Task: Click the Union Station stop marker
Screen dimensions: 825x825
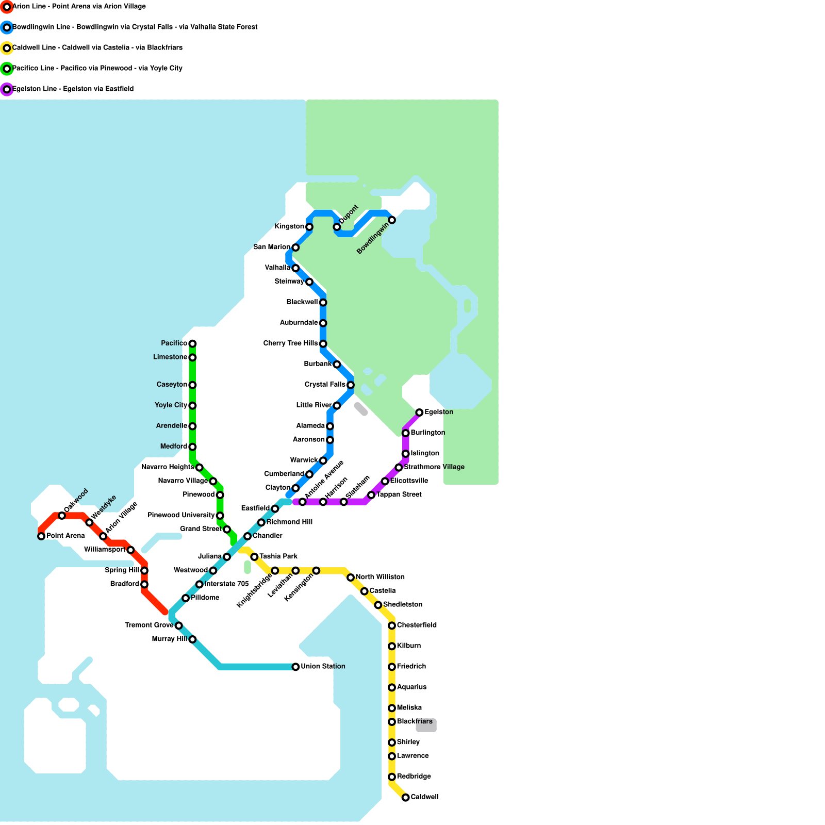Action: click(x=295, y=667)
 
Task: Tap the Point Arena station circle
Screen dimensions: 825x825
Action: click(x=41, y=536)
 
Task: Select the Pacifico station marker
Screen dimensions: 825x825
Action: click(x=192, y=343)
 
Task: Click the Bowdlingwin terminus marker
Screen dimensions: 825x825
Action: click(x=392, y=220)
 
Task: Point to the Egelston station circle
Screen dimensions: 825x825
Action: click(x=419, y=412)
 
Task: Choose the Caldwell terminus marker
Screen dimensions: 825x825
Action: click(x=406, y=798)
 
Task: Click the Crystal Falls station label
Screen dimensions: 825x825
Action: click(x=325, y=385)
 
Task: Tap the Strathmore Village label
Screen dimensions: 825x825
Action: click(x=434, y=467)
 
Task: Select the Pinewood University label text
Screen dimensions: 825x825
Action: click(x=181, y=515)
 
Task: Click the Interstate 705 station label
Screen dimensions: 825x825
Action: click(x=226, y=584)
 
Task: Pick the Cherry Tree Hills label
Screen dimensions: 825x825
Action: click(x=290, y=343)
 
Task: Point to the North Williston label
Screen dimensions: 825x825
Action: click(x=380, y=577)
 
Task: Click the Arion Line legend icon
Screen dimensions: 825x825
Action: click(x=7, y=7)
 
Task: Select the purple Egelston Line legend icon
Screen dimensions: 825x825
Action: click(x=7, y=89)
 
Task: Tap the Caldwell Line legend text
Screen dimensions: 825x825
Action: click(x=97, y=48)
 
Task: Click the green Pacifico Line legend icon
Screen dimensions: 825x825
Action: click(x=7, y=69)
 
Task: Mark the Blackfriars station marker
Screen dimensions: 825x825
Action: click(x=392, y=722)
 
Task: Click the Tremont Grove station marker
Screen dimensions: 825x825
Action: click(x=178, y=625)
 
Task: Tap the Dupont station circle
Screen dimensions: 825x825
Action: click(x=337, y=227)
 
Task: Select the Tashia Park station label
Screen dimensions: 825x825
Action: click(x=278, y=556)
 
